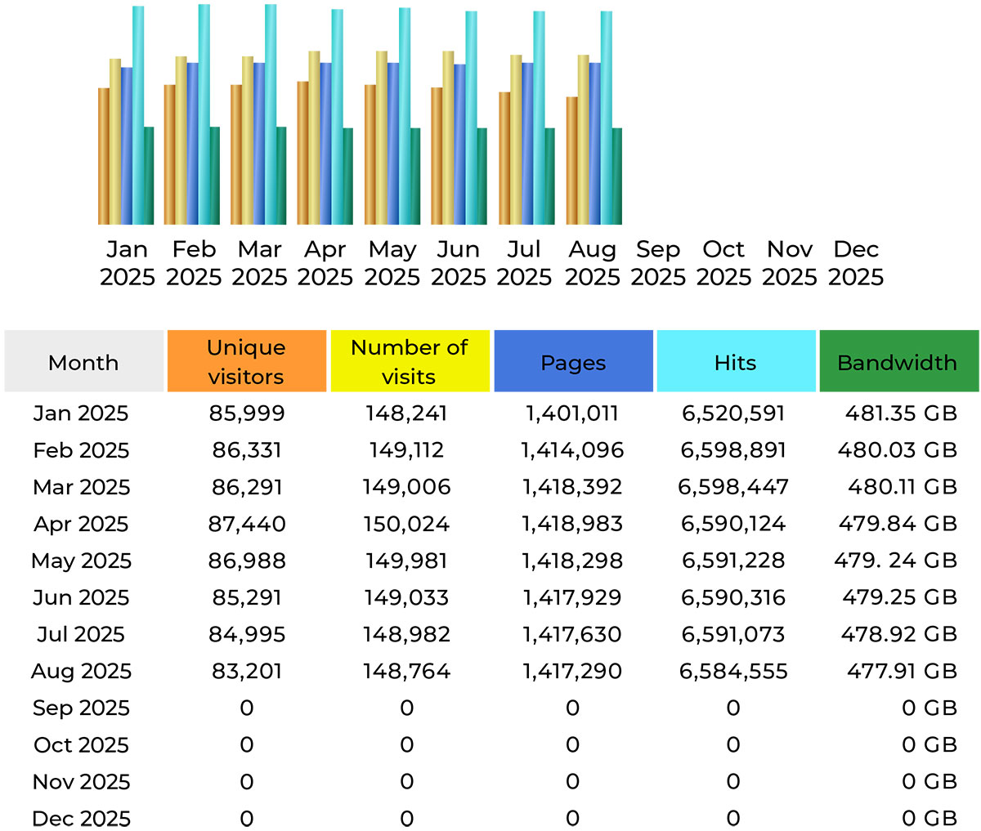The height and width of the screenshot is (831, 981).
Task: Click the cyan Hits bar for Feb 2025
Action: click(x=204, y=114)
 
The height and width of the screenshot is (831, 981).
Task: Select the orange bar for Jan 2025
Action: click(x=104, y=155)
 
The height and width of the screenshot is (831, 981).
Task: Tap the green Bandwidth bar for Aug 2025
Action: click(x=616, y=176)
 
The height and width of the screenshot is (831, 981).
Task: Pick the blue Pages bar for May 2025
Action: click(x=393, y=143)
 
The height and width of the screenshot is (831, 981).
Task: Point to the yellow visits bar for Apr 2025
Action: click(x=314, y=137)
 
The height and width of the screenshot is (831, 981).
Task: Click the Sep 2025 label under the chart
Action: click(x=658, y=263)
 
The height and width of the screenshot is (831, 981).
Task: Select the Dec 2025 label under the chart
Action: click(x=856, y=263)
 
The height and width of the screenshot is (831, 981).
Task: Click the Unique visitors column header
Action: click(x=246, y=361)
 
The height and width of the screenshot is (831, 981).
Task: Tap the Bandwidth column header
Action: click(x=898, y=361)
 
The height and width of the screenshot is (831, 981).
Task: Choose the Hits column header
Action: click(x=736, y=361)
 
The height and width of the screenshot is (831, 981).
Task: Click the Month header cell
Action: click(x=83, y=361)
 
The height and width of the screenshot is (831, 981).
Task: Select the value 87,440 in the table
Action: click(x=247, y=524)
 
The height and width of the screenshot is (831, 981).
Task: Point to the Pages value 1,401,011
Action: click(x=572, y=413)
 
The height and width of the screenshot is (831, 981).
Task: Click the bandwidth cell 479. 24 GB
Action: click(x=896, y=561)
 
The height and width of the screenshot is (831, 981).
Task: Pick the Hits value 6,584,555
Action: click(x=733, y=671)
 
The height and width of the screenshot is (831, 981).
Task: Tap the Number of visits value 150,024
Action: click(x=407, y=524)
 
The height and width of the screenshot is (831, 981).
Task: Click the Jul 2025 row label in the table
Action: click(x=81, y=634)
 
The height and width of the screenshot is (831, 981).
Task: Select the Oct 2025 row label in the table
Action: click(x=81, y=744)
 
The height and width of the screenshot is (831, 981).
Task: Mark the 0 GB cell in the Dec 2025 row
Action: click(x=929, y=818)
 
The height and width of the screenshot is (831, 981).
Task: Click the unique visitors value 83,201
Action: click(x=247, y=671)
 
